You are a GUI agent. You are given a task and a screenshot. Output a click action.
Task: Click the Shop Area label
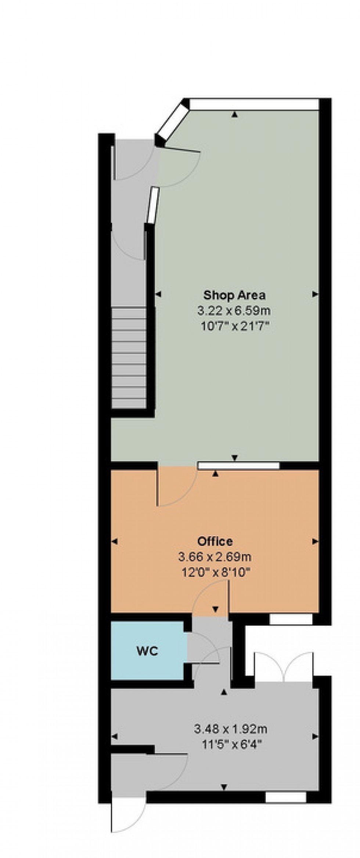point(234,295)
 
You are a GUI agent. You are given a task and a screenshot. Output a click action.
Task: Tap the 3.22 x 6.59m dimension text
point(234,311)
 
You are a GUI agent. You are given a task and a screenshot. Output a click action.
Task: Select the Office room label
point(215,541)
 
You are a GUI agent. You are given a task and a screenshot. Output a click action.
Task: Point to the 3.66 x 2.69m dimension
point(215,557)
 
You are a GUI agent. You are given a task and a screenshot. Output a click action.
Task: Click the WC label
point(147,651)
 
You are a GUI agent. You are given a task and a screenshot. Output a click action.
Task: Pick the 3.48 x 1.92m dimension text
point(230,728)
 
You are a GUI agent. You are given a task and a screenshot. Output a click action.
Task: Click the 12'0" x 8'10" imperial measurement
point(215,572)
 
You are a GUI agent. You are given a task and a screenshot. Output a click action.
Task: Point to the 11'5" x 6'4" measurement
point(230,744)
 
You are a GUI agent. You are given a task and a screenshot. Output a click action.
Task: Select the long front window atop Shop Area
point(253,104)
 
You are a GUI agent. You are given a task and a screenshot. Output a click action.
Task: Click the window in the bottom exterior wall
point(285,796)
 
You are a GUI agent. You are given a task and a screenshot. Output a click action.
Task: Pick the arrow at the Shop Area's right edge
point(315,294)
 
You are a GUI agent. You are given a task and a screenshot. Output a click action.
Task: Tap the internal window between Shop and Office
point(238,466)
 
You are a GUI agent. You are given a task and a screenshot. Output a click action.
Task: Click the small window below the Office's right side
point(291,619)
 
